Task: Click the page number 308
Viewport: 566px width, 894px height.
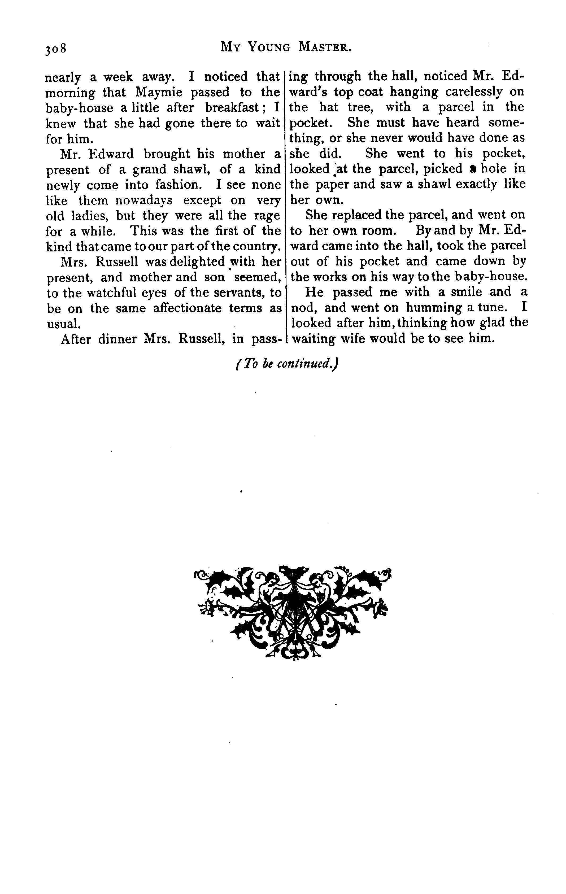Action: click(56, 49)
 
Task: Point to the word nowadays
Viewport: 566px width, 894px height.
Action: click(144, 200)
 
